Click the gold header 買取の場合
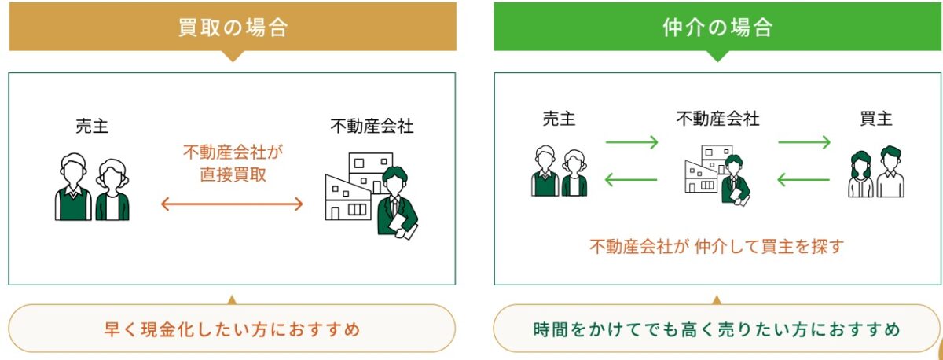pyautogui.click(x=232, y=28)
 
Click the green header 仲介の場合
pyautogui.click(x=717, y=28)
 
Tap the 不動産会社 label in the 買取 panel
pyautogui.click(x=372, y=125)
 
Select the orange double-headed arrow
pyautogui.click(x=232, y=204)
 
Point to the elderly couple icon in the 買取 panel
pyautogui.click(x=92, y=186)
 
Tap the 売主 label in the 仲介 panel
pyautogui.click(x=559, y=119)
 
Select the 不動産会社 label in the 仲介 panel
pyautogui.click(x=717, y=119)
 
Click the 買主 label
pyautogui.click(x=875, y=119)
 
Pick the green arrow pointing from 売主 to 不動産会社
pyautogui.click(x=631, y=143)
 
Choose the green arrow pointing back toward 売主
pyautogui.click(x=631, y=181)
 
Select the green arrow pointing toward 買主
pyautogui.click(x=804, y=143)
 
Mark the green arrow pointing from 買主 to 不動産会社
pyautogui.click(x=804, y=181)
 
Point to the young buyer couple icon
pyautogui.click(x=876, y=171)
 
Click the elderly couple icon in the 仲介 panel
pyautogui.click(x=559, y=171)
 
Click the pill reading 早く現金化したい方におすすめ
pyautogui.click(x=232, y=328)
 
